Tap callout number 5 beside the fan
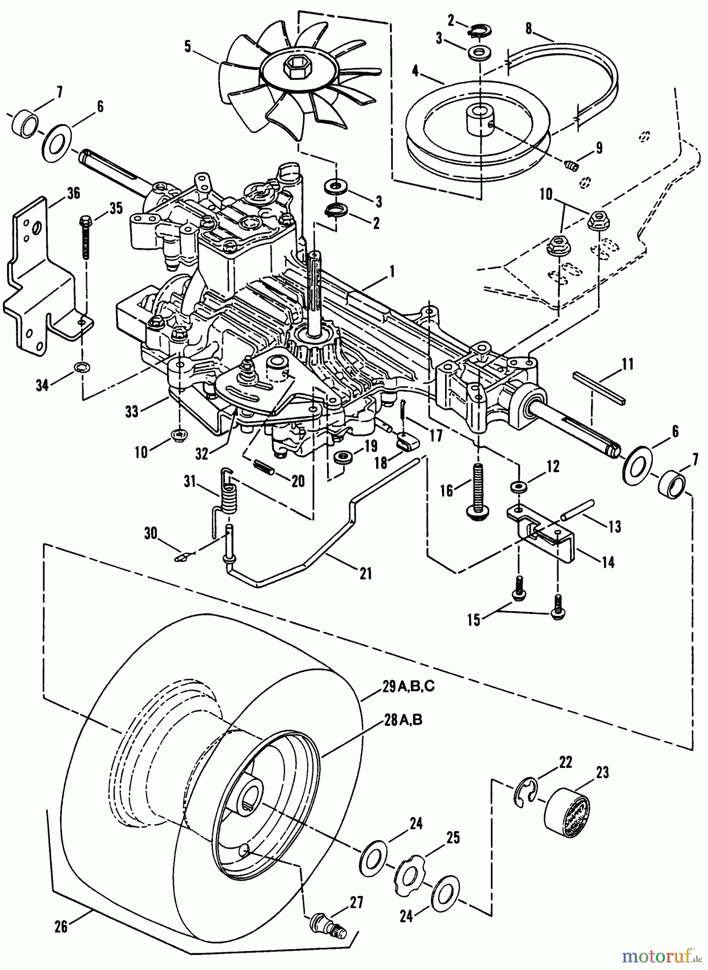(188, 46)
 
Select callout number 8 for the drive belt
(529, 29)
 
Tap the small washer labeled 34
(82, 368)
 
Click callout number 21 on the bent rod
(365, 574)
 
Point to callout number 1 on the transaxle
(393, 273)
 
